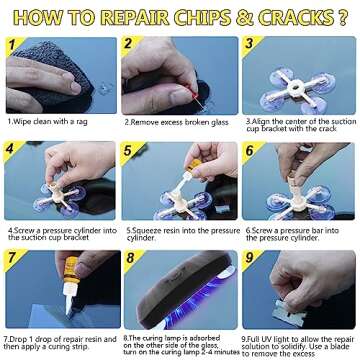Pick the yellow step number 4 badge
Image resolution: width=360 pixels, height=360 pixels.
[11, 151]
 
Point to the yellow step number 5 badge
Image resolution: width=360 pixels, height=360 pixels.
[129, 151]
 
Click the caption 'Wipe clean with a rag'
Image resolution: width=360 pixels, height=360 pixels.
[55, 121]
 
